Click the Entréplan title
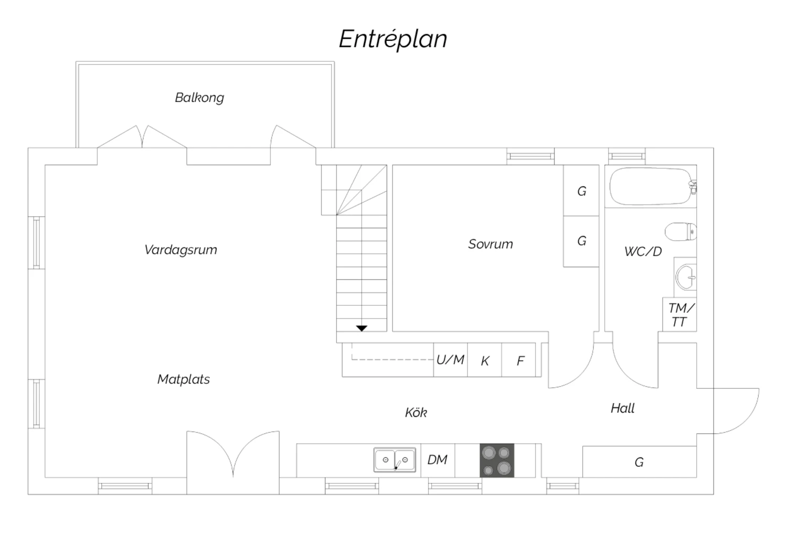click(393, 39)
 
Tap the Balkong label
click(199, 98)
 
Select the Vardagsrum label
click(180, 250)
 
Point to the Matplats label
click(184, 379)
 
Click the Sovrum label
click(491, 244)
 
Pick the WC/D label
click(643, 251)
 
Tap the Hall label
click(623, 408)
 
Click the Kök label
click(416, 413)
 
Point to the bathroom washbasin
click(686, 276)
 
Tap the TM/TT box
click(680, 315)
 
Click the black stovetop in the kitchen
click(497, 461)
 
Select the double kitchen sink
click(395, 460)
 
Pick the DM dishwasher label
click(438, 460)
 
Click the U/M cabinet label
click(450, 360)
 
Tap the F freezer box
click(519, 360)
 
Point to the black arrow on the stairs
click(361, 328)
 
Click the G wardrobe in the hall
click(639, 462)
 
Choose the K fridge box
click(485, 360)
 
